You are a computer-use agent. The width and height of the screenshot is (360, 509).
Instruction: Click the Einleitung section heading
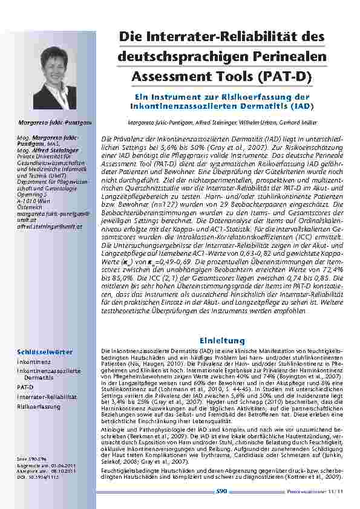222,341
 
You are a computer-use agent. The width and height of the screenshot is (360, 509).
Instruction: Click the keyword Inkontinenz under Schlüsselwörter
33,361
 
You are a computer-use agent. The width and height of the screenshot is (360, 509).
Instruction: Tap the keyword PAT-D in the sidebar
25,386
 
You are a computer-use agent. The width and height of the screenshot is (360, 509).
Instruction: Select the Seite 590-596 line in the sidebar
30,462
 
